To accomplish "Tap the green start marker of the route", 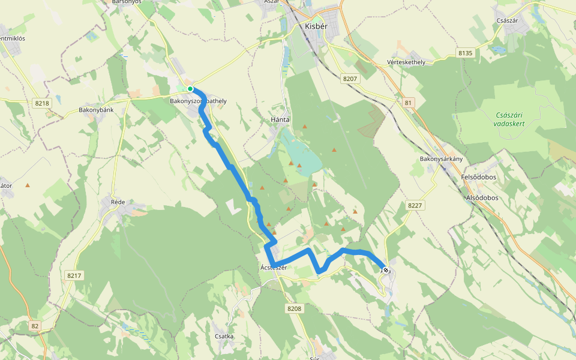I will click(190, 89).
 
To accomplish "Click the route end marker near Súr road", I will click(386, 270).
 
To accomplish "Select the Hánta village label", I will click(280, 120).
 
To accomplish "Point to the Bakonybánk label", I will click(96, 110).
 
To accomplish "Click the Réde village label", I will click(118, 202).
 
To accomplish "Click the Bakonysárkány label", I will click(441, 159).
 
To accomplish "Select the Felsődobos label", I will click(481, 178).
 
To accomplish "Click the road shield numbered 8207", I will click(350, 79).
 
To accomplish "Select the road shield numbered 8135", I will click(466, 53).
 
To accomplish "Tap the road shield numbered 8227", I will click(415, 206).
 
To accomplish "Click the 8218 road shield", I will click(42, 104).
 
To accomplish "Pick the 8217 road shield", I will click(74, 275).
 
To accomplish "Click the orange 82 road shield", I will click(35, 325).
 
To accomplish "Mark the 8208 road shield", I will click(294, 308).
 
